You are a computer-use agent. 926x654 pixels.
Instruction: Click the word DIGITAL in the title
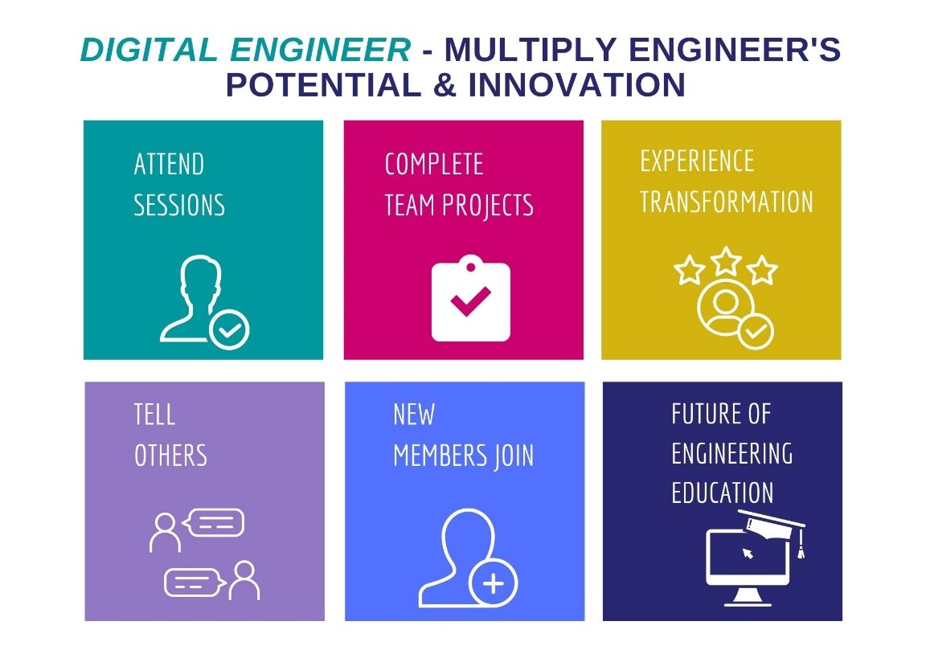(149, 50)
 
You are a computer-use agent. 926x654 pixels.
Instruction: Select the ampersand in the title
(445, 84)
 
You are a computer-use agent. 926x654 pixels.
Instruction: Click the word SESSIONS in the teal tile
(179, 206)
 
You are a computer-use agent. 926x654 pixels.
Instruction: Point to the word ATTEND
(169, 164)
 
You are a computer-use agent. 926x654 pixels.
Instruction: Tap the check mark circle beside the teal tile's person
(229, 330)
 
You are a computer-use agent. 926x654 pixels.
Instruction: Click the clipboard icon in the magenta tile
(471, 298)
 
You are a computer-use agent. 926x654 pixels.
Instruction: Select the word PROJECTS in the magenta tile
(488, 206)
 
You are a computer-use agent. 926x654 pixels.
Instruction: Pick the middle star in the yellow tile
(726, 261)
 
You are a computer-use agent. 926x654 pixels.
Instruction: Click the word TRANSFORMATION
(727, 202)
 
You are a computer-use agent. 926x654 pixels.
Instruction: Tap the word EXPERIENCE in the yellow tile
(698, 161)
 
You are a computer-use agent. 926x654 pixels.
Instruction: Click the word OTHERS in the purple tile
(170, 456)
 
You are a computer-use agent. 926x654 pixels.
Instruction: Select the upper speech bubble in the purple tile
(214, 523)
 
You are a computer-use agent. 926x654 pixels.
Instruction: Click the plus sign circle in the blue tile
(493, 583)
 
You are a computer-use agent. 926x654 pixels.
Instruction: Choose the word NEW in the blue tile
(414, 415)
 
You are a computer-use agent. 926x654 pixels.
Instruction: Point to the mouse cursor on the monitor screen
(748, 553)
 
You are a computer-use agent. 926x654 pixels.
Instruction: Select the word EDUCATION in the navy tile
(723, 493)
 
